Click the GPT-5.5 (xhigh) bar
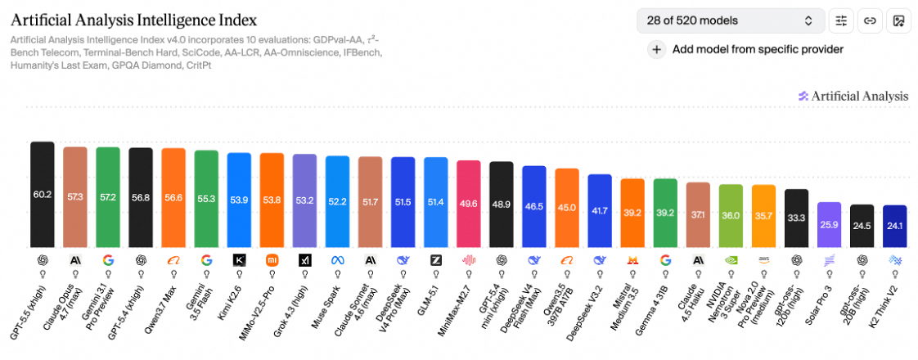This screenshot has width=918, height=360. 43,195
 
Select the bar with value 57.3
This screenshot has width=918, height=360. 75,196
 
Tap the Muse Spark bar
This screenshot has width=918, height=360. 337,201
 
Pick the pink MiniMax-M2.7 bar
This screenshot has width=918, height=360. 468,204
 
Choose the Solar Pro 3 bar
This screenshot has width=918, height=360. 829,225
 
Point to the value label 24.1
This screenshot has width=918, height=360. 894,225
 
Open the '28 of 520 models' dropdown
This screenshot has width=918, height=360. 731,20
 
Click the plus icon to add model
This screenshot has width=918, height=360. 657,50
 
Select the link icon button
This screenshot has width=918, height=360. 870,20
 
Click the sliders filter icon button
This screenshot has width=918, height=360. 841,20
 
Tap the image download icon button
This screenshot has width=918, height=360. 898,20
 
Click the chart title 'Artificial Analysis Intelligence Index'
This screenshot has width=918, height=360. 134,20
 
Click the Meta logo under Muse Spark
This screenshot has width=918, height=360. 337,260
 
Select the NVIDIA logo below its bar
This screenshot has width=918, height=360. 731,260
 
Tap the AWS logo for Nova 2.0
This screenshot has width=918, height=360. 763,260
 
